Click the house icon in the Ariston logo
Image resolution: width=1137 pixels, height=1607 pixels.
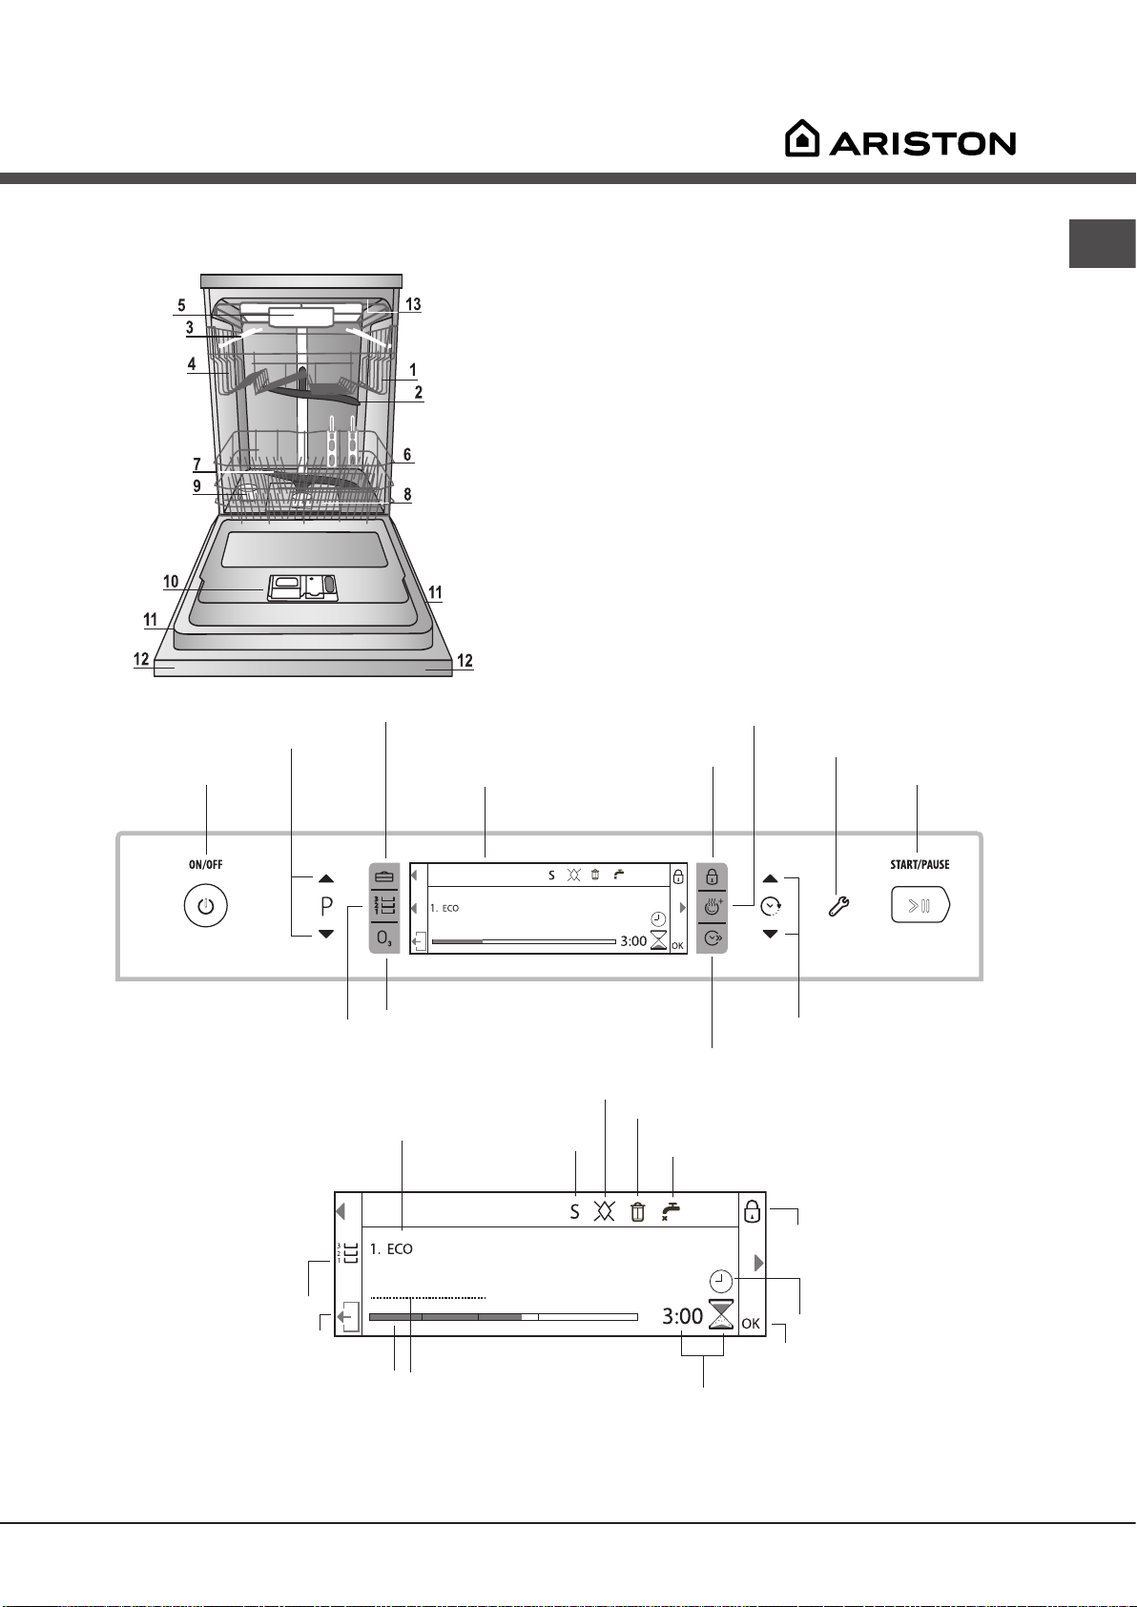(x=802, y=138)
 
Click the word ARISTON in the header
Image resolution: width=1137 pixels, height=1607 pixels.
(x=922, y=143)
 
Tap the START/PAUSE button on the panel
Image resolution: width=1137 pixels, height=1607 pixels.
(x=920, y=905)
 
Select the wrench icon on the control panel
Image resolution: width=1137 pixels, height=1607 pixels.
(x=838, y=907)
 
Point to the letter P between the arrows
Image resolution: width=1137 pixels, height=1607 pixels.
(x=326, y=907)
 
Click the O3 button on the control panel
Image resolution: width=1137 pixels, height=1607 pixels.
(x=383, y=937)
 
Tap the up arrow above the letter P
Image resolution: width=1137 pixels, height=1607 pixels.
(x=326, y=878)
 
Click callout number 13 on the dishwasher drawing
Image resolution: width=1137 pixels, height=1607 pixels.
(x=413, y=304)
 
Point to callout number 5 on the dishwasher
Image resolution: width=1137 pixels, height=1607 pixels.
(x=181, y=305)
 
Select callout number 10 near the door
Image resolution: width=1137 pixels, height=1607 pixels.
(x=171, y=581)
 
